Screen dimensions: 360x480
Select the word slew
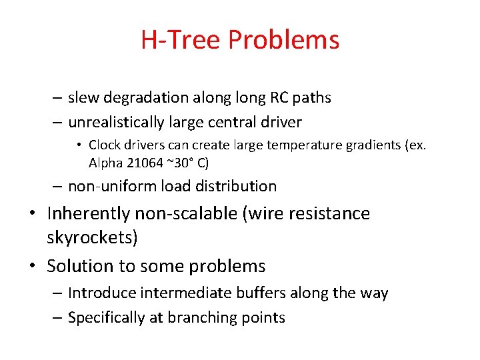tap(83, 97)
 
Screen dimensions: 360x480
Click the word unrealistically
tap(116, 123)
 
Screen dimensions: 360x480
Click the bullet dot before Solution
tap(33, 266)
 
